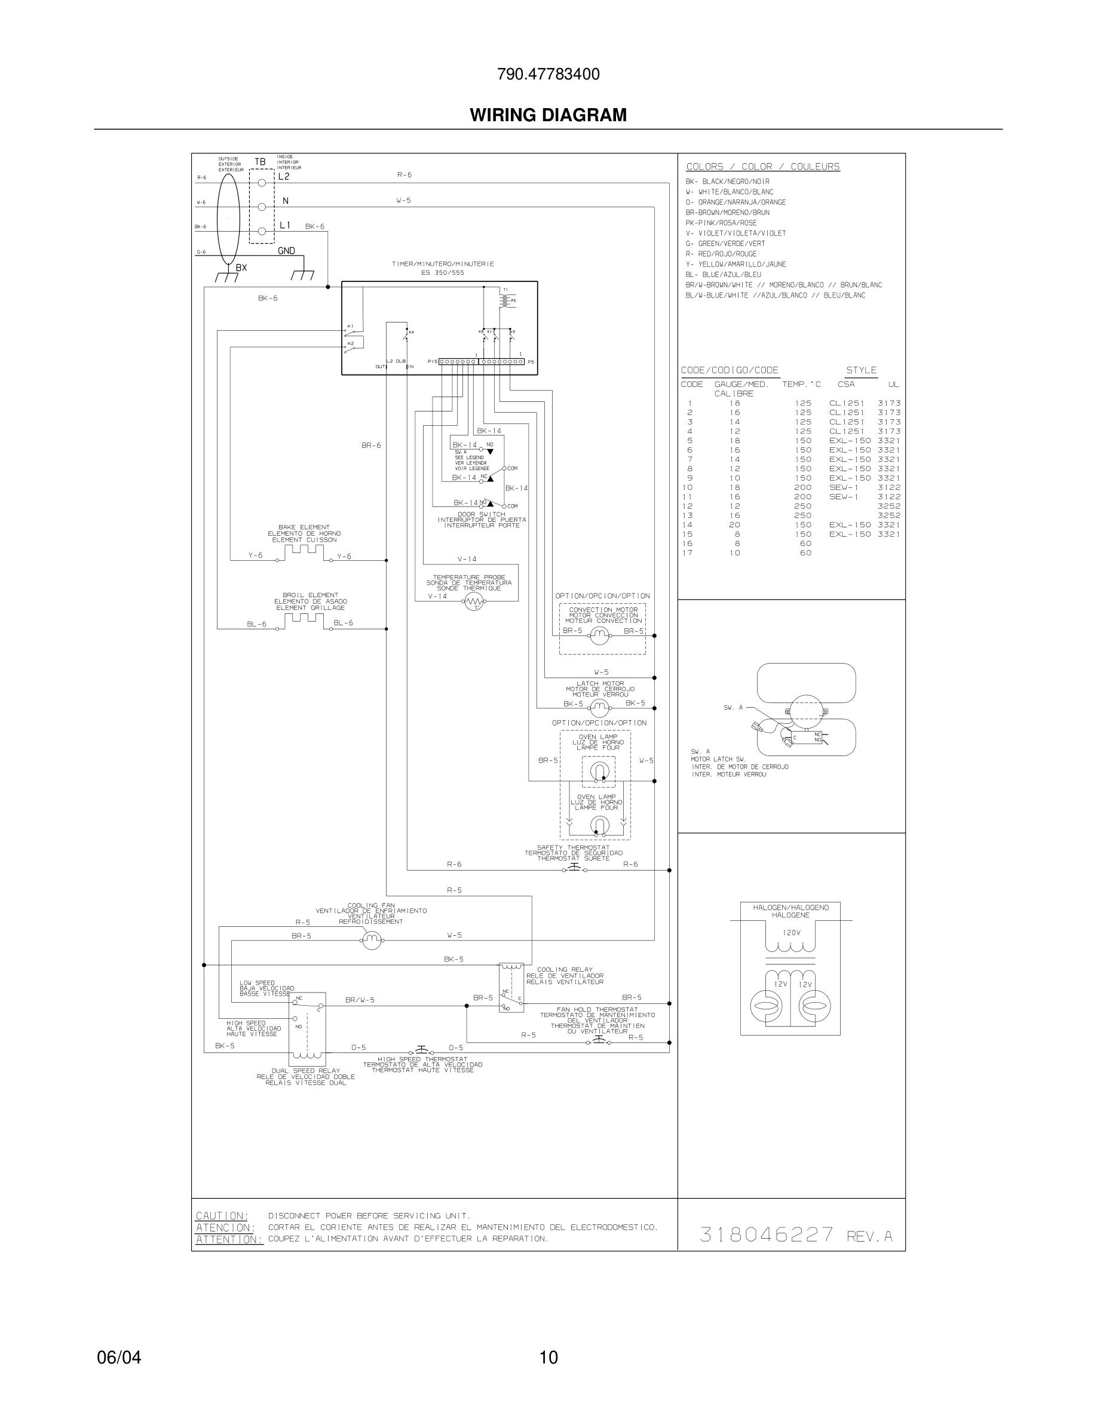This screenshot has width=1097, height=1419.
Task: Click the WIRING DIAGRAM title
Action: tap(548, 115)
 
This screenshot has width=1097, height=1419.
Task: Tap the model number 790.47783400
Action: tap(548, 74)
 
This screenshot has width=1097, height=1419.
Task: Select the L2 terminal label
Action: tap(284, 176)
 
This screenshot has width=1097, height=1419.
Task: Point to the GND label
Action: tap(286, 251)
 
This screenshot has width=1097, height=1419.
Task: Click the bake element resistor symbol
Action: tap(304, 552)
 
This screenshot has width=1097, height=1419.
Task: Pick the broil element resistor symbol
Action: tap(304, 619)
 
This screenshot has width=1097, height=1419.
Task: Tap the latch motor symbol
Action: tap(599, 708)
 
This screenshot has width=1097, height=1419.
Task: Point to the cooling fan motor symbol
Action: tap(371, 940)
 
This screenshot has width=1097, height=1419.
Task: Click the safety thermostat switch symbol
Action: tap(575, 870)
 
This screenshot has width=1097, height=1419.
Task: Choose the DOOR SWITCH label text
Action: tap(481, 515)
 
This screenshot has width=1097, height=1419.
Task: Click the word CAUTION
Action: tap(222, 1215)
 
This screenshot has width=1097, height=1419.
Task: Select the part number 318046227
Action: tap(767, 1234)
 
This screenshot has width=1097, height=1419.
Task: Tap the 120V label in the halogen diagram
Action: tap(791, 932)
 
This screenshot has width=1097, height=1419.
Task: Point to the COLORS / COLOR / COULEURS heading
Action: tap(762, 167)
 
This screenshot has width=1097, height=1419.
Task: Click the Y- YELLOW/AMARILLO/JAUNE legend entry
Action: tap(735, 265)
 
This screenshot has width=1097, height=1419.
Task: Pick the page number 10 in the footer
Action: tap(548, 1357)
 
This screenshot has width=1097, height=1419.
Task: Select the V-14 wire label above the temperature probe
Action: tap(467, 559)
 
